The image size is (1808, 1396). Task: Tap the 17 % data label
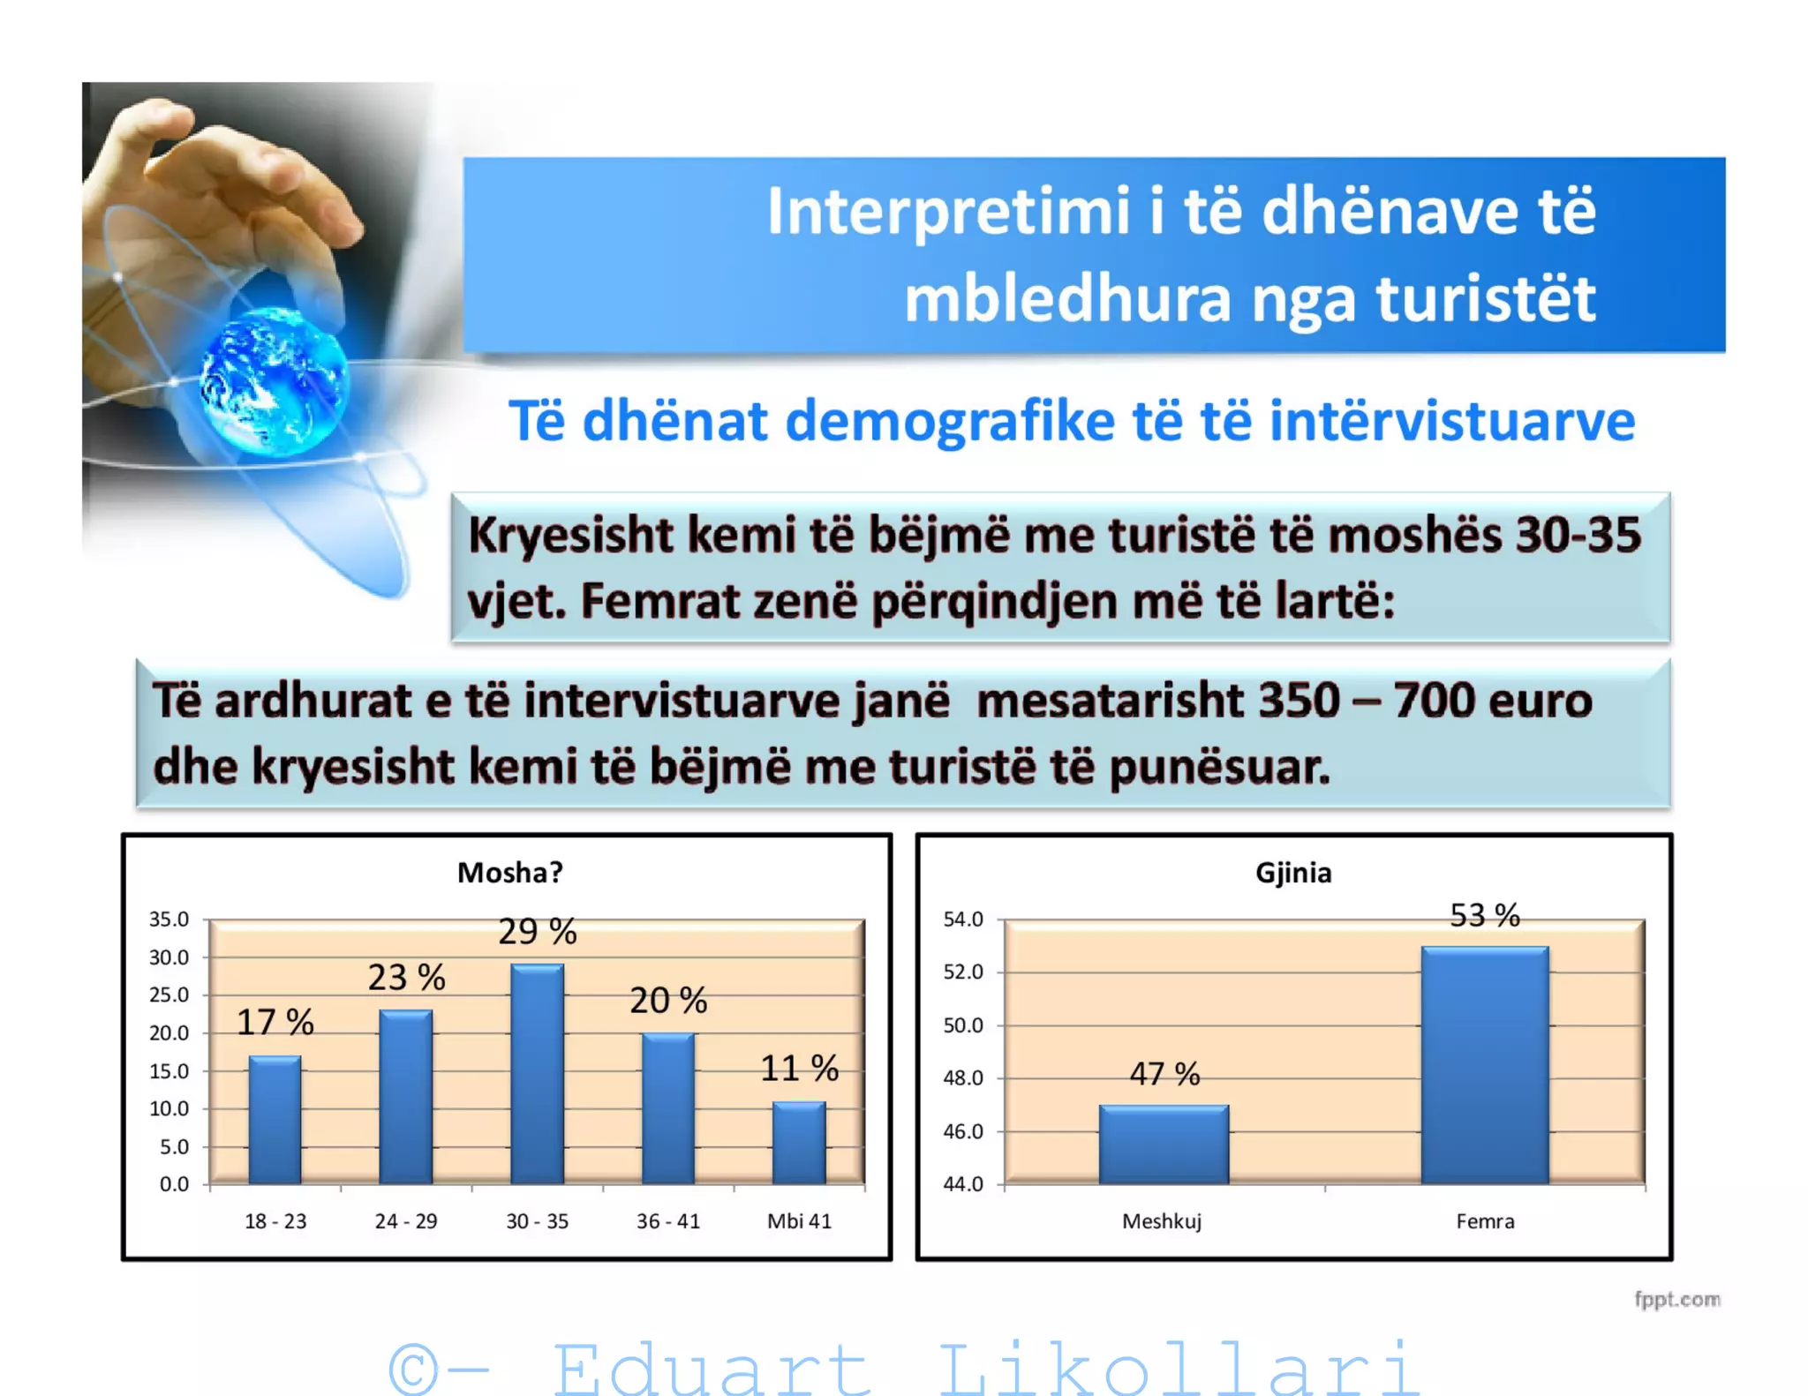pos(275,1022)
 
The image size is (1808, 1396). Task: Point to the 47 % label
pos(1164,1074)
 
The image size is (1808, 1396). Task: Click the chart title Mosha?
pos(509,872)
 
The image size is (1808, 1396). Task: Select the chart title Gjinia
pos(1293,872)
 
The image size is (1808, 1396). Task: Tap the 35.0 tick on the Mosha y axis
pos(169,919)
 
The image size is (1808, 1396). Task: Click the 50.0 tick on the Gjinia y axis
pos(962,1025)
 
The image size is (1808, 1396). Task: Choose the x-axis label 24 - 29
pos(406,1221)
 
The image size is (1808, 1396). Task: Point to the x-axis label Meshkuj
pos(1162,1221)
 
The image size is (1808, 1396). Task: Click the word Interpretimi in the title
pos(949,212)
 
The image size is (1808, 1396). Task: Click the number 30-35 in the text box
pos(1578,535)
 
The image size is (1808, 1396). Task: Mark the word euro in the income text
pos(1540,701)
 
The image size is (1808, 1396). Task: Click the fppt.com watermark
pos(1676,1299)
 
